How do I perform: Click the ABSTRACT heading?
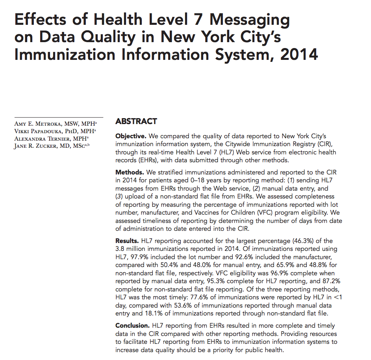point(136,121)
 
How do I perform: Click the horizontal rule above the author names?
point(59,117)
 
